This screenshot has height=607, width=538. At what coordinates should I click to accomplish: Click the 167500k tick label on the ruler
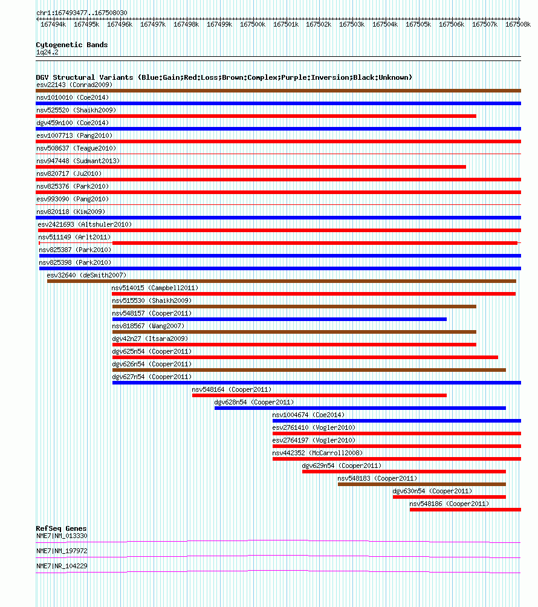tap(253, 24)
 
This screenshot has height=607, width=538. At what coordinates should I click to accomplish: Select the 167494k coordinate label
tap(53, 24)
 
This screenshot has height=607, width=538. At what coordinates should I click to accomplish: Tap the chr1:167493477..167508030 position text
tap(82, 13)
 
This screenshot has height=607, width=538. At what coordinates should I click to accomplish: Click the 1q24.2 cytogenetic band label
tap(47, 52)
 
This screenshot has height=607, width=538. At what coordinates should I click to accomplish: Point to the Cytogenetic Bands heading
tap(72, 45)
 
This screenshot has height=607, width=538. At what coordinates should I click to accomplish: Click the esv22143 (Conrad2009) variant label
tap(74, 85)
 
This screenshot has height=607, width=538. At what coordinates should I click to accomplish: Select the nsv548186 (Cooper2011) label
tap(449, 504)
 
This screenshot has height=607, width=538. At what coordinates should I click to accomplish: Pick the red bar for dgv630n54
tap(449, 497)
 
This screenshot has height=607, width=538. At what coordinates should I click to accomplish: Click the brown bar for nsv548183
tap(422, 484)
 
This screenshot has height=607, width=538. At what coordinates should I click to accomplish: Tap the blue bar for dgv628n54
tap(360, 408)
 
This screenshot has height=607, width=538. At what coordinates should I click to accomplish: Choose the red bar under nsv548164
tap(319, 395)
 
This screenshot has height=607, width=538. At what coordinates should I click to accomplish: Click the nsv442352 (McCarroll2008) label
tap(317, 453)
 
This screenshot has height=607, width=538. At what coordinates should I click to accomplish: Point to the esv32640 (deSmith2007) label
tap(86, 275)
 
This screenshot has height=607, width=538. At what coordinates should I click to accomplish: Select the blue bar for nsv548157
tap(279, 319)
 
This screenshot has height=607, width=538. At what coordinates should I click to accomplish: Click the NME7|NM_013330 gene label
tap(62, 536)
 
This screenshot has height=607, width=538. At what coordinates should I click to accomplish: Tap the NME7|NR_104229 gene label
tap(62, 566)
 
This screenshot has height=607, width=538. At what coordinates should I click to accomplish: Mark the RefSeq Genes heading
tap(61, 528)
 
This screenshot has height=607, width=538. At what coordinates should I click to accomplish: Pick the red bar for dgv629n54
tap(404, 472)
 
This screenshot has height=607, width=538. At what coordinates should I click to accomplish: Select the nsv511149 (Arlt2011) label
tap(74, 237)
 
